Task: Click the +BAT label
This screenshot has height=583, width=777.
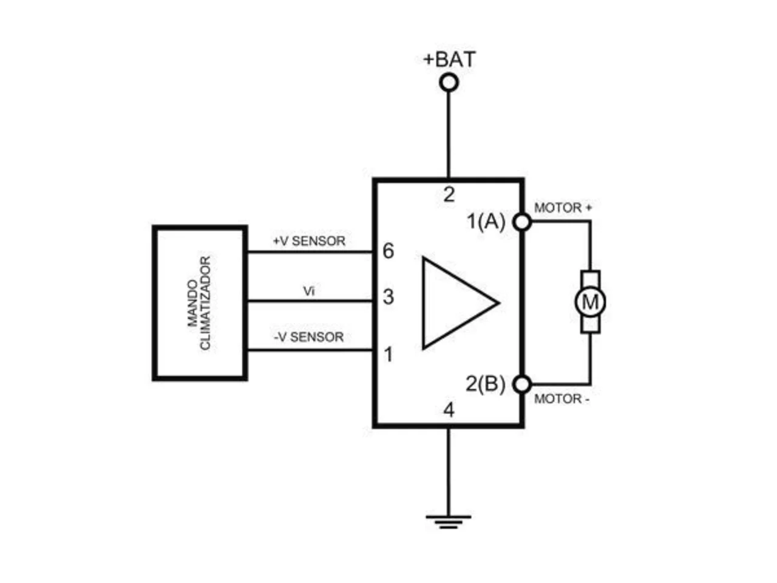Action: coord(449,59)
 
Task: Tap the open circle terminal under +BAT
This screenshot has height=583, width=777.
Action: coord(449,83)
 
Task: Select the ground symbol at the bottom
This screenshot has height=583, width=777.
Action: coord(448,522)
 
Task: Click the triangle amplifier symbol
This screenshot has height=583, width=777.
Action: coord(460,302)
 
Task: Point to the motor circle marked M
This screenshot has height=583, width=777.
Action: coord(590,302)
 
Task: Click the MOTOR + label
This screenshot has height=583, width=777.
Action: coord(563,208)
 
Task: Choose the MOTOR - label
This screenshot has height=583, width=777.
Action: coord(562,399)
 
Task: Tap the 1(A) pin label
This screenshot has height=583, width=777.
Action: coord(486,222)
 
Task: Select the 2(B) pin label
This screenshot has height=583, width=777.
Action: coord(485,384)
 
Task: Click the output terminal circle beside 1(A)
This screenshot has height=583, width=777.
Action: coord(523,222)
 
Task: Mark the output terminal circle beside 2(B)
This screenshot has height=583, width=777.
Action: coord(523,384)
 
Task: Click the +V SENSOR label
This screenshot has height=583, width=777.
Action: coord(309,241)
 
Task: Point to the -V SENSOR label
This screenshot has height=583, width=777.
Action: coord(309,337)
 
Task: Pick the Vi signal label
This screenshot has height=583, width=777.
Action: coord(309,291)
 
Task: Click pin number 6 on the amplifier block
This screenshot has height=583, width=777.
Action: coord(388,251)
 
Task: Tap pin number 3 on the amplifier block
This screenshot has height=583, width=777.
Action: coord(388,296)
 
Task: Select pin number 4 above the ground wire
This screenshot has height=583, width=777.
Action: coord(449,411)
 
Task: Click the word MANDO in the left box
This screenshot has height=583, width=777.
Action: coord(192,303)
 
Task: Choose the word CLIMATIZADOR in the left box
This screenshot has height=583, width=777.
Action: coord(205,303)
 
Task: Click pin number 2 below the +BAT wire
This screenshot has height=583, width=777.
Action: coord(449,194)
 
